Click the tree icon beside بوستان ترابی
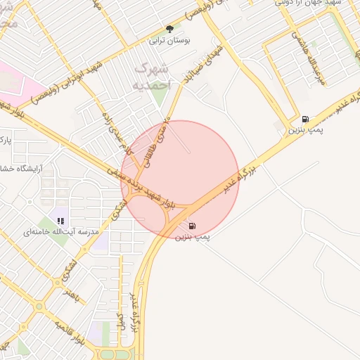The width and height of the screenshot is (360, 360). [x=169, y=30]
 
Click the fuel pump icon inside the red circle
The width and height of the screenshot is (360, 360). [x=193, y=226]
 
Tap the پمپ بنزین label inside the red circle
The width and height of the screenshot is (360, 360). [x=193, y=238]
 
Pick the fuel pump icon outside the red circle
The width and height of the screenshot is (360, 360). [x=304, y=120]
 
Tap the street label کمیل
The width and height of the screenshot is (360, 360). [x=122, y=323]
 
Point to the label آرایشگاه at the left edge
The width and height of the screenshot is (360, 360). [x=26, y=169]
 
